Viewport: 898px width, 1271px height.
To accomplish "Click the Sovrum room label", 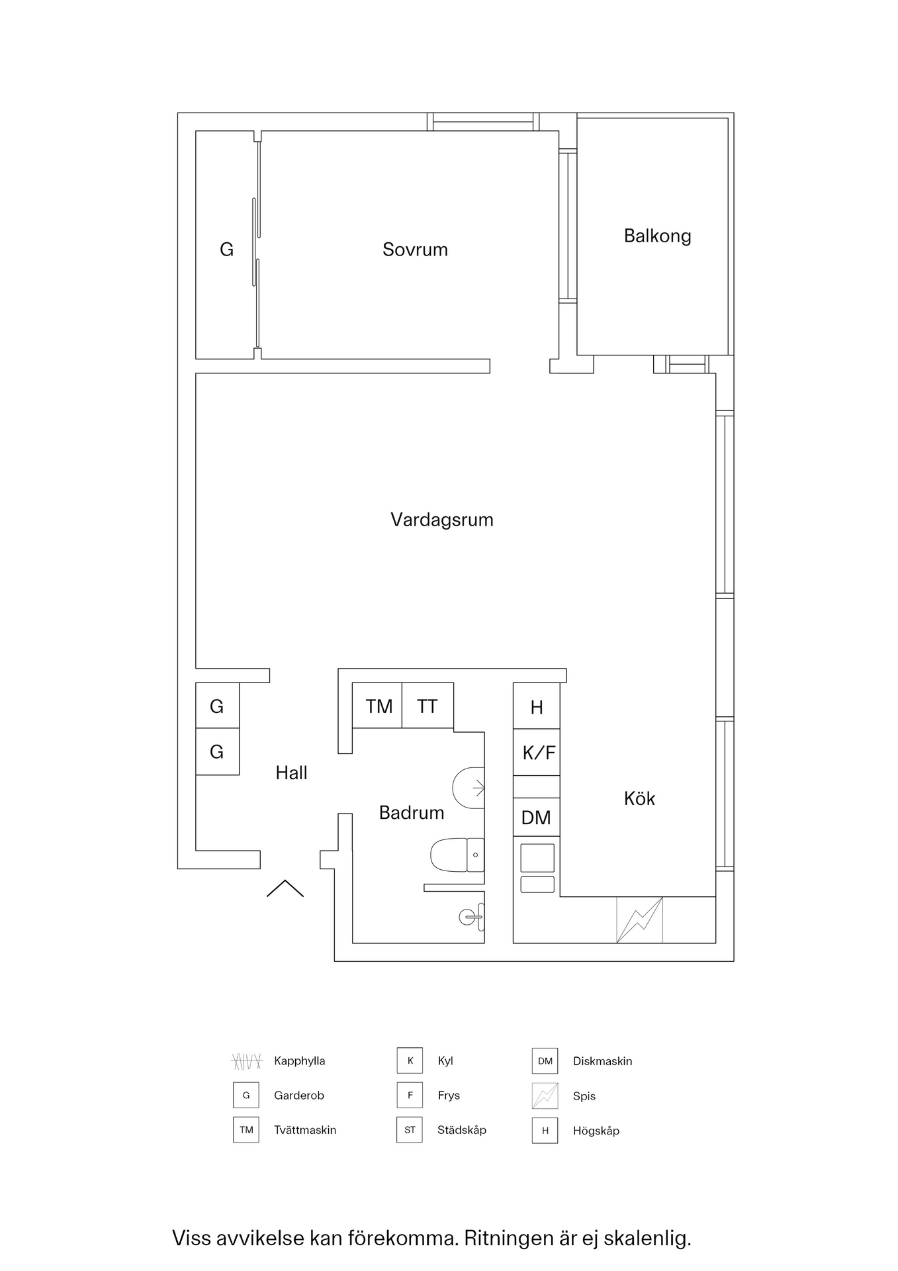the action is coord(415,250).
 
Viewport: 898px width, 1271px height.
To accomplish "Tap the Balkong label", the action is coord(657,236).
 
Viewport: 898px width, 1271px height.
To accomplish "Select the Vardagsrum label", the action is coord(441,520).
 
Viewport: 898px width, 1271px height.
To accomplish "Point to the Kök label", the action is coord(639,798).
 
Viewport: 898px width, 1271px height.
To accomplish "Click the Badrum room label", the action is coord(411,813).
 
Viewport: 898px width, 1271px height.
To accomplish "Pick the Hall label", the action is coord(291,773).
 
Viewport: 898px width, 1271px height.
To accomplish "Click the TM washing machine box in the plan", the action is coord(379,706).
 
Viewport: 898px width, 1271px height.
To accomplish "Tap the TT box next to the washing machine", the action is coord(427,706).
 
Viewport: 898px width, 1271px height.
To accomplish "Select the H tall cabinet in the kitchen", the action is coord(537,707).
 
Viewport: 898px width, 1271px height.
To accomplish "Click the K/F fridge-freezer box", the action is coord(538,753).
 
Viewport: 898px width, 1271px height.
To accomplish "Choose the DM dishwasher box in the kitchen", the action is coord(536,818).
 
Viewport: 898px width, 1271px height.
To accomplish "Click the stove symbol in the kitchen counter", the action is coord(639,919).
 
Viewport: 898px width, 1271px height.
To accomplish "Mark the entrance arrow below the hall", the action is coord(285,888).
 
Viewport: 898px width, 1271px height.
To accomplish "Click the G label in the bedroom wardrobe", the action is coord(226,250).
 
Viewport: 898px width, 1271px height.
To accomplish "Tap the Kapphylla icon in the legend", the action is coord(247,1061).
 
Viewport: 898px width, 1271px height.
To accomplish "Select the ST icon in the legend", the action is coord(410,1130).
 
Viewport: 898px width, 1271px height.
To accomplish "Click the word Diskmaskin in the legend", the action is coord(602,1061).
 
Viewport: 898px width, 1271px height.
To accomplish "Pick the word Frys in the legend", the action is coord(449,1096).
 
